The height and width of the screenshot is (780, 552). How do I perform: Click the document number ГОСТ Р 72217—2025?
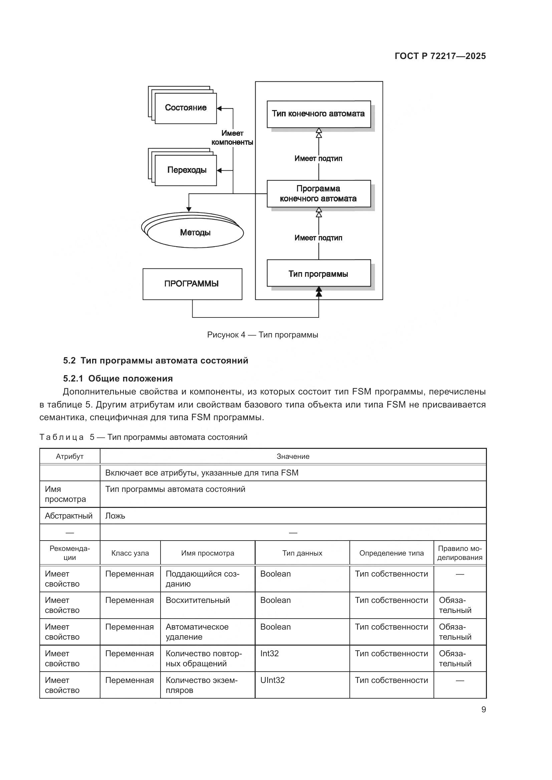[x=440, y=56]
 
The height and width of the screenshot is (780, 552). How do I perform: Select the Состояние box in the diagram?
[x=186, y=108]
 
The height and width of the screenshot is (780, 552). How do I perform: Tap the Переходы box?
[x=186, y=170]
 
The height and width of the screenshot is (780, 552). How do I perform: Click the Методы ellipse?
[x=195, y=233]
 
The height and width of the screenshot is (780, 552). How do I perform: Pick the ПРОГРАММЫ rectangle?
[x=192, y=284]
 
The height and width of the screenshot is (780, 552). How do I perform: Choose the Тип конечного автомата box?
[x=318, y=114]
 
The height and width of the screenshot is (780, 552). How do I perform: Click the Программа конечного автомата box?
[x=318, y=194]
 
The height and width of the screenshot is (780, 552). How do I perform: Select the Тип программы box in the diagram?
[x=318, y=273]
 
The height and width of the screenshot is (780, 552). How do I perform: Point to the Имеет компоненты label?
[x=232, y=138]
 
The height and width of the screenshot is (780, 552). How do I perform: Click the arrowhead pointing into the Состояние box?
[x=219, y=108]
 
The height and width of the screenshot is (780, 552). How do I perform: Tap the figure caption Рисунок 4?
[x=262, y=334]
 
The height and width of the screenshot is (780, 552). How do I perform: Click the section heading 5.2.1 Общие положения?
[x=117, y=378]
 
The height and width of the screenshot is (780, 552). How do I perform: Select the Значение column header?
[x=293, y=456]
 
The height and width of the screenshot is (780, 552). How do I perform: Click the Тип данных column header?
[x=302, y=553]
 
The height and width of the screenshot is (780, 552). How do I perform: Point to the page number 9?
[x=483, y=709]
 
